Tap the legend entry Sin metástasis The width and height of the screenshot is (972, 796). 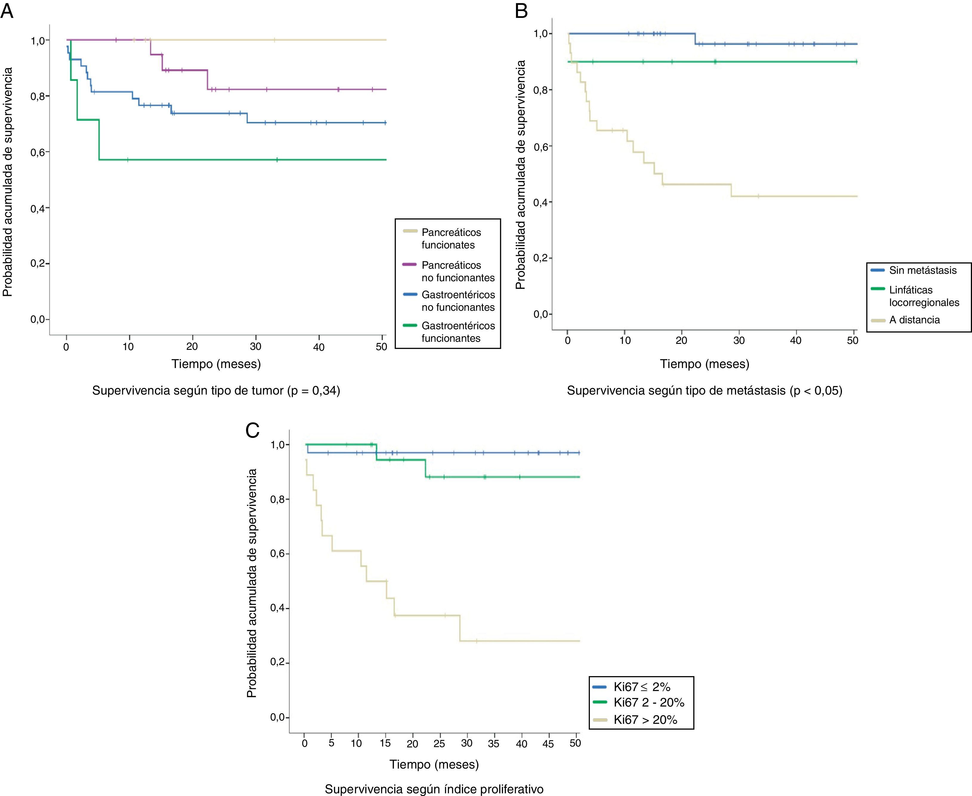(922, 271)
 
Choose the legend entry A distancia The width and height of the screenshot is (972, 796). (914, 320)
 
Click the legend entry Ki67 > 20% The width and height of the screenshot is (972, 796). (645, 720)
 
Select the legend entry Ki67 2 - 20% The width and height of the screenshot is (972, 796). (648, 702)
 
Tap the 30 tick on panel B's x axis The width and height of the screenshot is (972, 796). (739, 341)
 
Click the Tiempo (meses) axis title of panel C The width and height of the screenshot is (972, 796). (434, 764)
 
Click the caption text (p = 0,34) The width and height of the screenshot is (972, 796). (313, 391)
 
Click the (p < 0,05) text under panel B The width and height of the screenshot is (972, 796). (816, 391)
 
